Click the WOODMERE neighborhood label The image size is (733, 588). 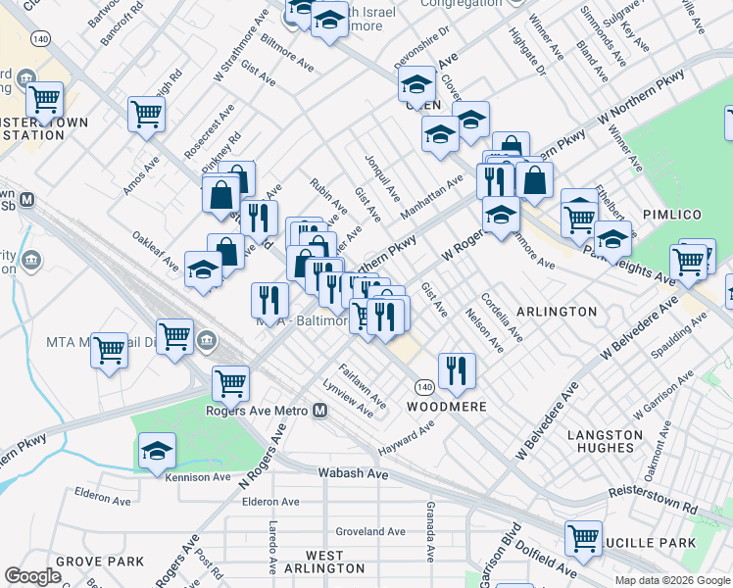(x=441, y=406)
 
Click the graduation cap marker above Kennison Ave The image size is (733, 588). (x=157, y=451)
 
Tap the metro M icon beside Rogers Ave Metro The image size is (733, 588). (x=319, y=411)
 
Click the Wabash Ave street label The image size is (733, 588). (x=354, y=473)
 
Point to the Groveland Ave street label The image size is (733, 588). (x=370, y=531)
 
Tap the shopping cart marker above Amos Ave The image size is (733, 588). (x=146, y=114)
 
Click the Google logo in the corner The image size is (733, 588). (x=32, y=576)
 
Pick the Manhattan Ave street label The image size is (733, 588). (x=430, y=194)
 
